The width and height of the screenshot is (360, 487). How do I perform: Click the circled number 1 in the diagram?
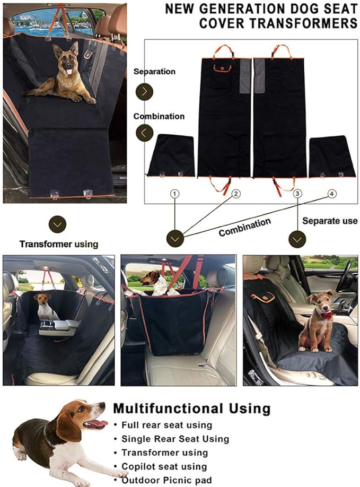click(175, 194)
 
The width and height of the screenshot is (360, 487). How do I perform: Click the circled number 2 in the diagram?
click(236, 194)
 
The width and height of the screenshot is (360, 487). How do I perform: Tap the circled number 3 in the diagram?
click(298, 194)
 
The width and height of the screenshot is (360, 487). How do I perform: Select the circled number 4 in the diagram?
click(332, 194)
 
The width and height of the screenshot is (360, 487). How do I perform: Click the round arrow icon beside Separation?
click(144, 91)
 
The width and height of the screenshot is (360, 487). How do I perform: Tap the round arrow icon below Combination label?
click(144, 132)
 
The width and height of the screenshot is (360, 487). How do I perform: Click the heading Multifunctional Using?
click(191, 408)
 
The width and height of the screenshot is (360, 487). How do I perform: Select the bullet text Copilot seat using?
click(164, 466)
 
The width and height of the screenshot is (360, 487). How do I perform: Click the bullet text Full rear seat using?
click(166, 425)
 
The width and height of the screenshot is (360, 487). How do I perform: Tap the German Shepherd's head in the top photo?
click(66, 58)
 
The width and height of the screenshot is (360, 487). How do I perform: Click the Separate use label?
click(330, 220)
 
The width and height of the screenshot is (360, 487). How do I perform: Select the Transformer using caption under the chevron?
click(59, 244)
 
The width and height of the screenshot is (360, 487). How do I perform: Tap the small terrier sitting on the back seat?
click(45, 306)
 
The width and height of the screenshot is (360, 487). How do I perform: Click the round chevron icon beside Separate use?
click(297, 238)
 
